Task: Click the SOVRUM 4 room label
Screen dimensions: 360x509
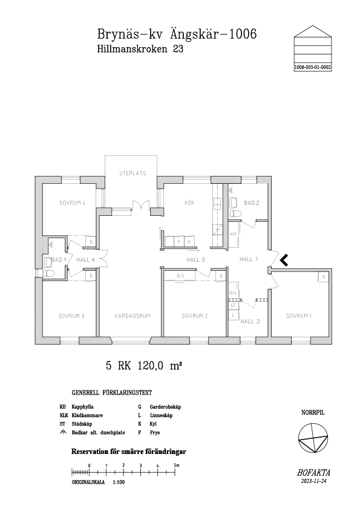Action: pyautogui.click(x=72, y=203)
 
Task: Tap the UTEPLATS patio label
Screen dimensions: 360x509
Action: pyautogui.click(x=133, y=173)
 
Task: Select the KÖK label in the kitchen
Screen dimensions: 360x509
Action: pyautogui.click(x=189, y=203)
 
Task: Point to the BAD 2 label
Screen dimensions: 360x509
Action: pyautogui.click(x=252, y=203)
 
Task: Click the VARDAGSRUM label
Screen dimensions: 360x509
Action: pyautogui.click(x=133, y=316)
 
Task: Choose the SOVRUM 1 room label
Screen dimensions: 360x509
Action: pyautogui.click(x=299, y=316)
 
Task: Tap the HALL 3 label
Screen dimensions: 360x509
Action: pyautogui.click(x=195, y=260)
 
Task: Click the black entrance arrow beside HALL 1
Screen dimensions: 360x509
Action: pyautogui.click(x=284, y=260)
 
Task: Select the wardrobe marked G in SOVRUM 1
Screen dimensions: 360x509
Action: pyautogui.click(x=324, y=277)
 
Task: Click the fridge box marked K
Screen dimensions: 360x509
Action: pyautogui.click(x=189, y=242)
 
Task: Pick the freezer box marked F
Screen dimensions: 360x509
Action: pyautogui.click(x=178, y=242)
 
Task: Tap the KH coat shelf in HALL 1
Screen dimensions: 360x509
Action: pyautogui.click(x=233, y=234)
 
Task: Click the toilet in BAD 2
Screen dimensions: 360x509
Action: pyautogui.click(x=235, y=213)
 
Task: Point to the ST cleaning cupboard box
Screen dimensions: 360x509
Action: pyautogui.click(x=233, y=305)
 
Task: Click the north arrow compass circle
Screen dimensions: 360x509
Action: pyautogui.click(x=313, y=438)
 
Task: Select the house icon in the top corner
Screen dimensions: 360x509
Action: pyautogui.click(x=313, y=48)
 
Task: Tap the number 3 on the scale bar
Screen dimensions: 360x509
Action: pyautogui.click(x=140, y=465)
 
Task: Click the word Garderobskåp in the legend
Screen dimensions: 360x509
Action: pyautogui.click(x=165, y=407)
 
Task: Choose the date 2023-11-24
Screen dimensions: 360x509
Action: pyautogui.click(x=312, y=481)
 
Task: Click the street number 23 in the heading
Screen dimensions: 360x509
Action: pyautogui.click(x=178, y=49)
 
